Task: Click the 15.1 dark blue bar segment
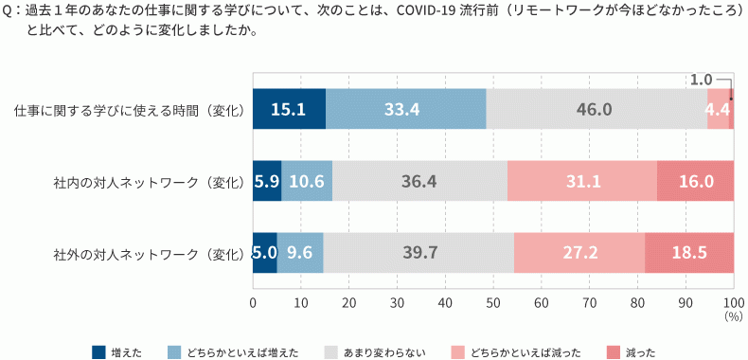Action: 289,109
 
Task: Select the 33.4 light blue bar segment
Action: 405,109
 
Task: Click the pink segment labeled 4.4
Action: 718,109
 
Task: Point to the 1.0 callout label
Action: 701,80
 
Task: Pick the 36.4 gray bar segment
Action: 419,181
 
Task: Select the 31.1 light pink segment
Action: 581,181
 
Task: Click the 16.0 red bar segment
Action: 695,181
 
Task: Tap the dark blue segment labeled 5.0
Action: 264,254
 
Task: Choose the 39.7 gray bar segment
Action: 418,254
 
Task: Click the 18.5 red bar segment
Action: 689,254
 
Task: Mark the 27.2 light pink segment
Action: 579,254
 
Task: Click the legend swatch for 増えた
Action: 98,352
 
